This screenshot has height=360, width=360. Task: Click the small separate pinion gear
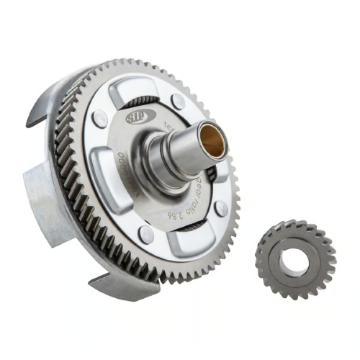coord(295,261)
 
